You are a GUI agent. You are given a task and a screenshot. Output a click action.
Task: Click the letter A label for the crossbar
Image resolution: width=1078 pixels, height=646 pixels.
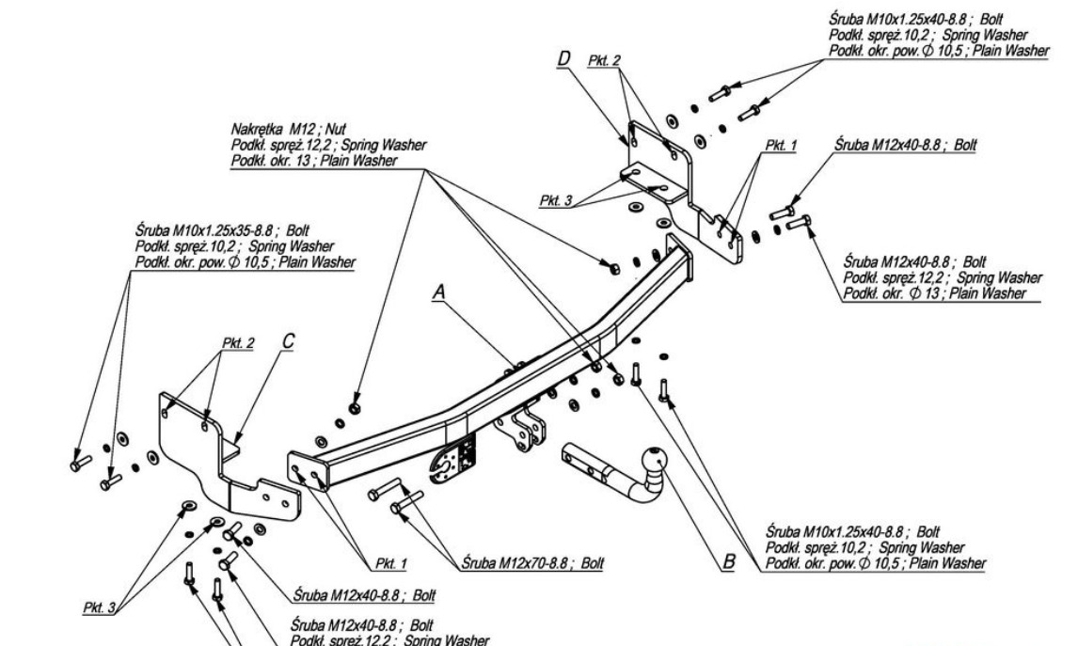point(438,294)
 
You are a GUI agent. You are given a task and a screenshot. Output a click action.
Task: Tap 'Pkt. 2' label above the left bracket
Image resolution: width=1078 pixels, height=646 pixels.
point(239,343)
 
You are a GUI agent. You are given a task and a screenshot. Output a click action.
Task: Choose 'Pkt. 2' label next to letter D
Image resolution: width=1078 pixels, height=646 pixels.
point(605,60)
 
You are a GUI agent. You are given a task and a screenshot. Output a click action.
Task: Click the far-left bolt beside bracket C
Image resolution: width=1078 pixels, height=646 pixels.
point(79,463)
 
